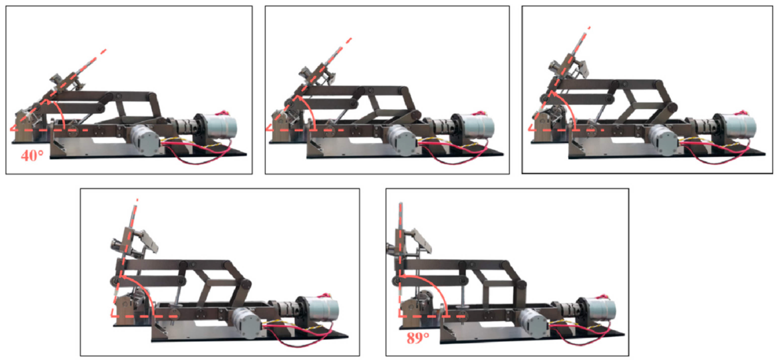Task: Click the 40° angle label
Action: coord(32,156)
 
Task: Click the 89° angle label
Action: coord(418,338)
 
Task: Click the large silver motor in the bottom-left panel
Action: coord(324,311)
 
